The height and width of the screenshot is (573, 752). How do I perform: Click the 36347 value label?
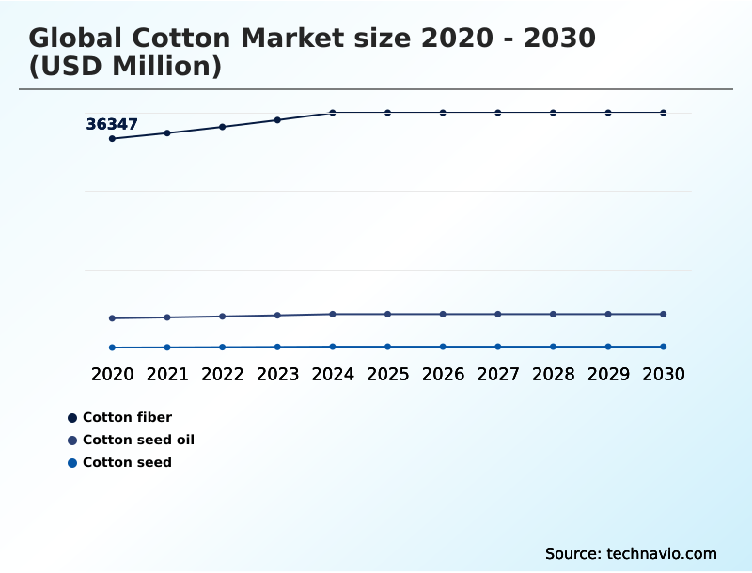[112, 124]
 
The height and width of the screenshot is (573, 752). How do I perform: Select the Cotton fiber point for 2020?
[112, 139]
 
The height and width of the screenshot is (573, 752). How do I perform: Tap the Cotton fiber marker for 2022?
[223, 127]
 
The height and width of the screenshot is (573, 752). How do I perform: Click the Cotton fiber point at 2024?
[333, 113]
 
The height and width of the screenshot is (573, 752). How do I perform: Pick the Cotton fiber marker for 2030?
[664, 113]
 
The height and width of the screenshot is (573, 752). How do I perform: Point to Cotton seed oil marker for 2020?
[112, 318]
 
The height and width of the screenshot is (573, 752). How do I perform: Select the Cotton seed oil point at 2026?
[443, 314]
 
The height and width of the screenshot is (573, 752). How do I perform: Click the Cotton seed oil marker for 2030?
[664, 314]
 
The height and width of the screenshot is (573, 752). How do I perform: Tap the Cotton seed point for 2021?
[167, 348]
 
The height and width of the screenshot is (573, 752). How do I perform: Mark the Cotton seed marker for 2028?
[553, 347]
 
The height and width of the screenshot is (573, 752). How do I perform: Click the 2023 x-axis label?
[277, 374]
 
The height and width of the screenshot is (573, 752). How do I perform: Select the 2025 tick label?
[387, 374]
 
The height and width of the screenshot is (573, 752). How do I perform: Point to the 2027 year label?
[498, 374]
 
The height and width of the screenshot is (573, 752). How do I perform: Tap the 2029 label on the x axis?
[608, 374]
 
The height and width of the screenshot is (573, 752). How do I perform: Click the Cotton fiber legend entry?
[127, 417]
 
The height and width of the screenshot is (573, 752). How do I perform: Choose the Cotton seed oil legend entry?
[138, 440]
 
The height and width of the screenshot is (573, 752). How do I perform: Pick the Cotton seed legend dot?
[72, 462]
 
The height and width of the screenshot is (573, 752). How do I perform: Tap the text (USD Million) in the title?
[125, 67]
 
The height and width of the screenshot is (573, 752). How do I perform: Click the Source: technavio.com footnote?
[631, 553]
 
